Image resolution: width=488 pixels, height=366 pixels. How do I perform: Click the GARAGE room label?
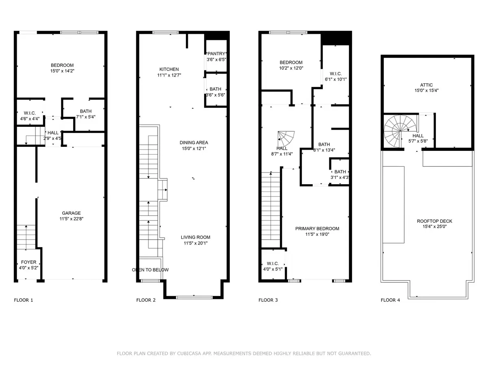click(71, 213)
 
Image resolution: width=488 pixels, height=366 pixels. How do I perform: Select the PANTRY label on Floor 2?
click(216, 54)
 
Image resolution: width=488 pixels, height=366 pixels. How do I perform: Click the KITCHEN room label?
click(169, 69)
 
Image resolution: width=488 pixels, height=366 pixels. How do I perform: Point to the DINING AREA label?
click(194, 142)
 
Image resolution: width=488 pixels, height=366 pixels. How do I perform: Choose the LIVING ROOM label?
click(196, 237)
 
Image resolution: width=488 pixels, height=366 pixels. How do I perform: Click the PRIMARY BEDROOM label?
click(317, 229)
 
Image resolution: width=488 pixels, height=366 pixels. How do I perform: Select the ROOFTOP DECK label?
click(434, 221)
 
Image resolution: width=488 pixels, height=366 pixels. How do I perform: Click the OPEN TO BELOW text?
click(150, 270)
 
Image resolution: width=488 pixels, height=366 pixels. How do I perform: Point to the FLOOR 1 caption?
click(24, 300)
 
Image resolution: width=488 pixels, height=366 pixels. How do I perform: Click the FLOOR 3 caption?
click(268, 300)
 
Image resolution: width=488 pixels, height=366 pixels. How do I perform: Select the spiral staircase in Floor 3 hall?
click(287, 140)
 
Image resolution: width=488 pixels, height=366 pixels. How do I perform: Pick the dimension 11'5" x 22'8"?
click(71, 219)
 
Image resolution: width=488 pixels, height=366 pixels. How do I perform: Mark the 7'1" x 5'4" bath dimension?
click(86, 117)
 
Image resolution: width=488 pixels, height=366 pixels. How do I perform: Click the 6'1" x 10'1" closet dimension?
click(335, 79)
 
